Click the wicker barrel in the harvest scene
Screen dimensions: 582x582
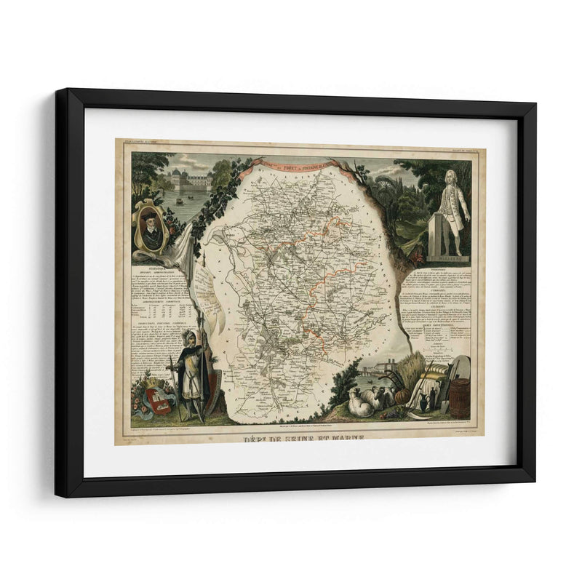tap(460, 399)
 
